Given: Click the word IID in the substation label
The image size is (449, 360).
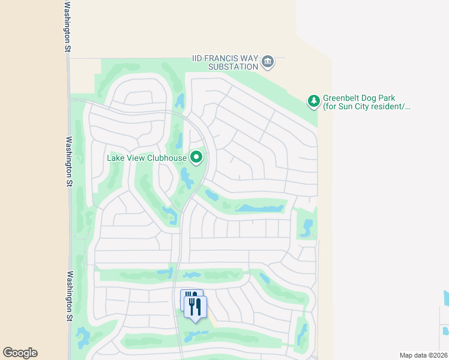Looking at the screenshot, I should click(198, 58).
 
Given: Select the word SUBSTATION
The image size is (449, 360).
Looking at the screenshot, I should click(233, 67).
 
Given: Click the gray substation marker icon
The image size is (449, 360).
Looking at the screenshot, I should click(268, 61).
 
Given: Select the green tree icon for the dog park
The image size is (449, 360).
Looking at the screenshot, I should click(313, 101).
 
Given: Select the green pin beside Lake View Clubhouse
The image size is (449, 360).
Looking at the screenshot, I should click(196, 158).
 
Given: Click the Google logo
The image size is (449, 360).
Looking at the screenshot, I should click(20, 353).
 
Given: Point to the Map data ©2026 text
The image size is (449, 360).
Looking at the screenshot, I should click(423, 355).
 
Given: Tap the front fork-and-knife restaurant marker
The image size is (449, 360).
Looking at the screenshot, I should click(196, 307).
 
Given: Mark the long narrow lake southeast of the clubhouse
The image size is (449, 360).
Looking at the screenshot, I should click(259, 208).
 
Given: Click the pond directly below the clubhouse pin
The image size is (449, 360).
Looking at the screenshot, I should click(185, 178).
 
